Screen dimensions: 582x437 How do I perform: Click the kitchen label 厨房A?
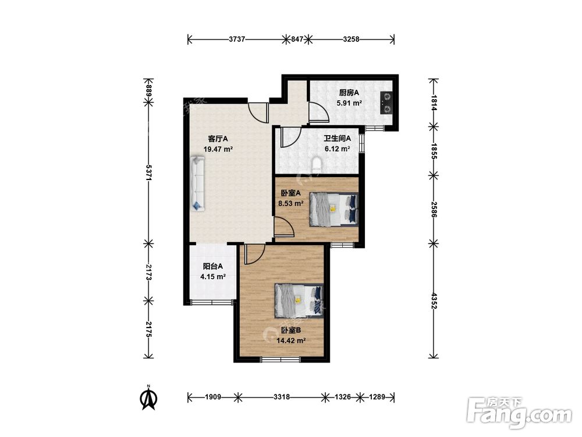[349, 93]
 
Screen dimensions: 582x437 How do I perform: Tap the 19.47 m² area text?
[218, 149]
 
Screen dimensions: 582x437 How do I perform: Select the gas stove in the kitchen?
[386, 103]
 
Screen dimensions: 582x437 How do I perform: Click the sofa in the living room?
[198, 184]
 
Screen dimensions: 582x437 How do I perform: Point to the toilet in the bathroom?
[317, 165]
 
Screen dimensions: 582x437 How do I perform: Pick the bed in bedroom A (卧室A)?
[333, 209]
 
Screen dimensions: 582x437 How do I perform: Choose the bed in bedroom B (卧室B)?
[299, 301]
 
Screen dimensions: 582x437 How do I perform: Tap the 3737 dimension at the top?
[237, 39]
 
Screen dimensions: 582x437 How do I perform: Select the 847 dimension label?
[297, 39]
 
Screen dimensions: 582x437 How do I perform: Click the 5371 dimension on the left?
[148, 172]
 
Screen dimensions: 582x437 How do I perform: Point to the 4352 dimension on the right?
[434, 301]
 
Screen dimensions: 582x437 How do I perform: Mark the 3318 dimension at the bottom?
[282, 397]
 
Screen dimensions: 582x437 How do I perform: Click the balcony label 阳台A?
[212, 266]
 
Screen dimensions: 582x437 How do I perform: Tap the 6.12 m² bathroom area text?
[338, 149]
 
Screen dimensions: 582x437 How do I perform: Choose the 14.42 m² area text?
[291, 340]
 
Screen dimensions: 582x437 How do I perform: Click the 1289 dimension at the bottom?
[377, 397]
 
